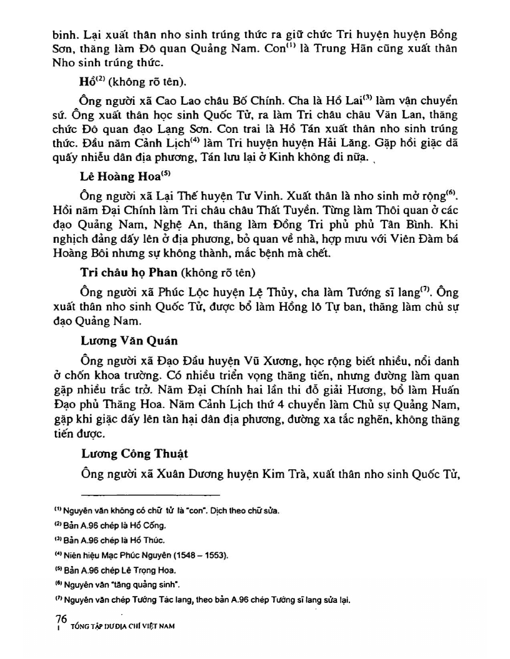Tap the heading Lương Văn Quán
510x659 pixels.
[129, 341]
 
